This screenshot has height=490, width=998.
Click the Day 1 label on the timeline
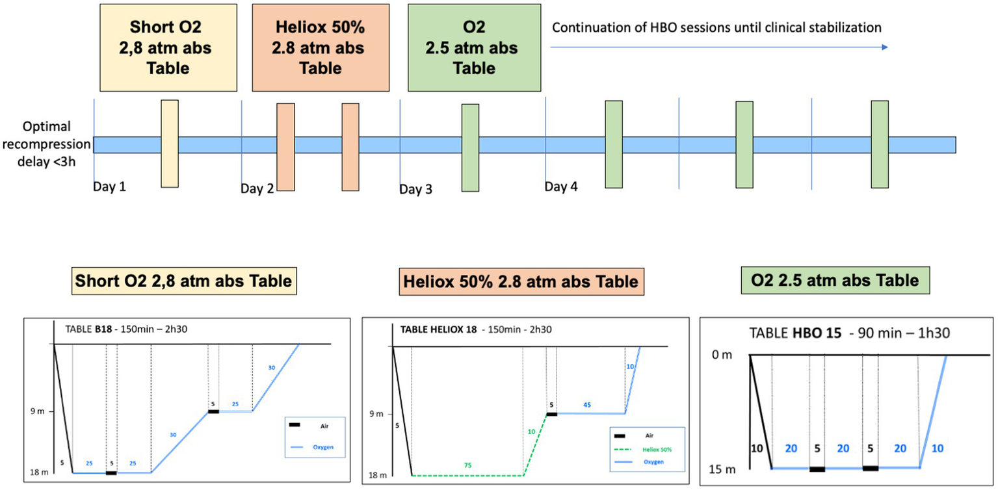point(110,187)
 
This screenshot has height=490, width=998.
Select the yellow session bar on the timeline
point(169,144)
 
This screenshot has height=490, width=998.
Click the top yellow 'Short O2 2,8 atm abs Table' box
point(169,48)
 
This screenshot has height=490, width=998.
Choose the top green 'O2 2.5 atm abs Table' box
point(474,48)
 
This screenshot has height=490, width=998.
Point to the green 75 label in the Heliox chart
point(467,465)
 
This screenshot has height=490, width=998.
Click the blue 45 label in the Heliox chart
point(587,404)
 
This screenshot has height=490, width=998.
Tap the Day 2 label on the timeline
point(257,188)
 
